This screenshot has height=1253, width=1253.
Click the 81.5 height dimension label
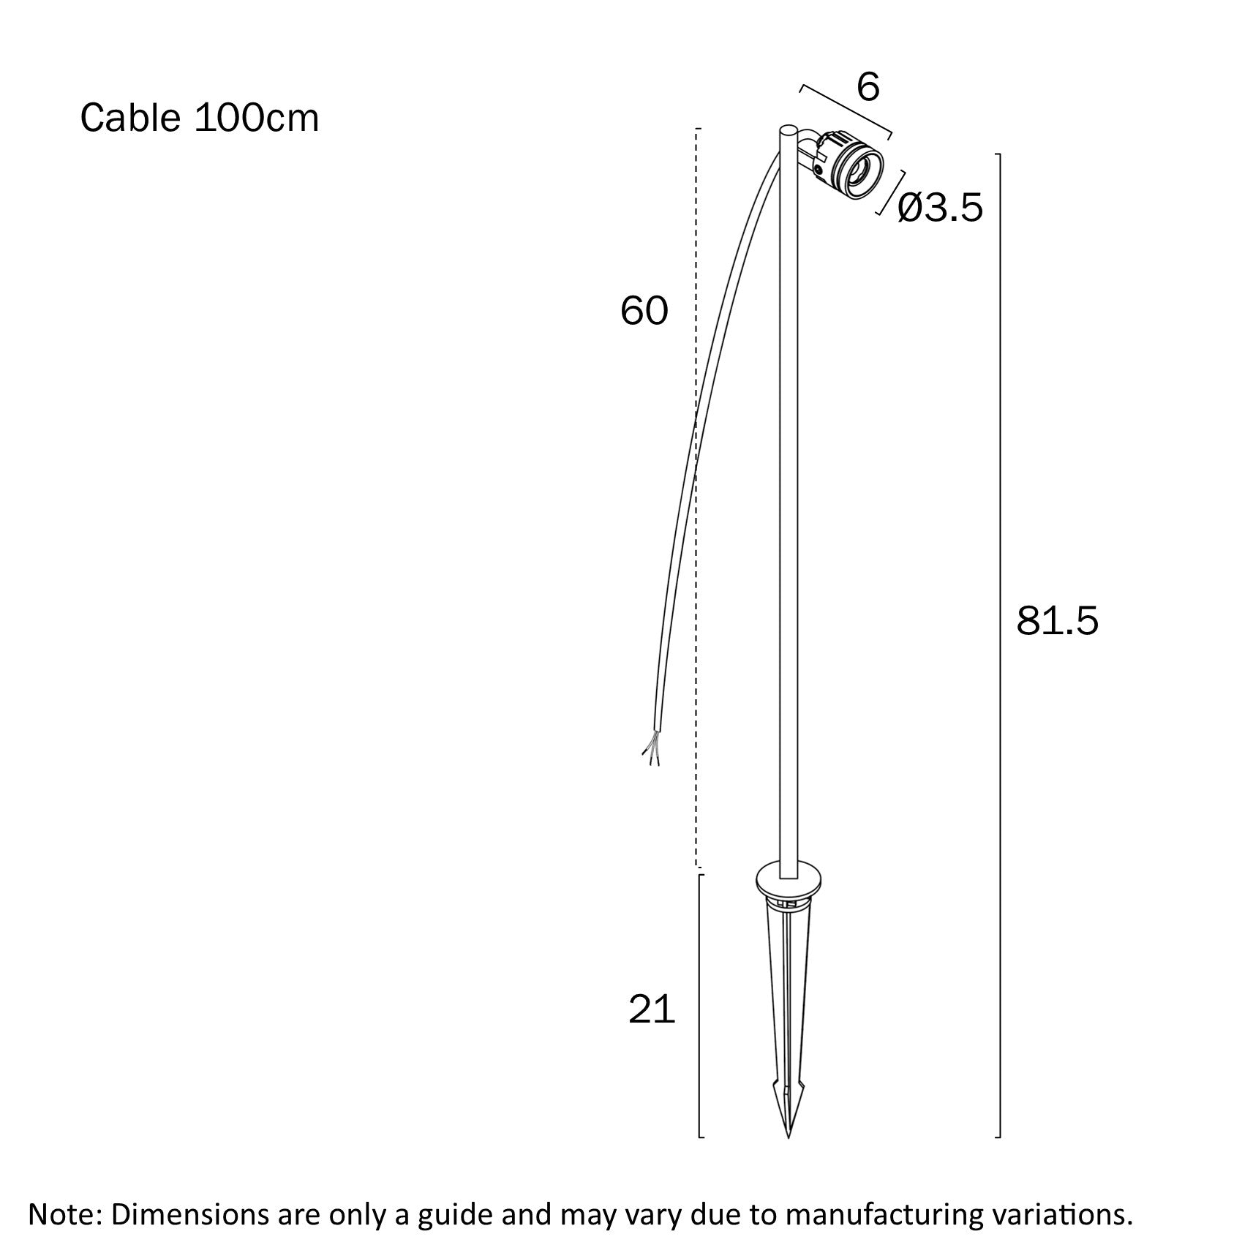[1057, 621]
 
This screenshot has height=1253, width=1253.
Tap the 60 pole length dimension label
[644, 311]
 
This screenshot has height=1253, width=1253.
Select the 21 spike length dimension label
[651, 1009]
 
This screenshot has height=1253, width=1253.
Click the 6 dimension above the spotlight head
[868, 88]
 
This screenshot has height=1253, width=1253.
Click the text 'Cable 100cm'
[199, 118]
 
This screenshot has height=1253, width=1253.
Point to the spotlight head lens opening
[860, 173]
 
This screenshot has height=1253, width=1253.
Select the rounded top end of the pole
[788, 131]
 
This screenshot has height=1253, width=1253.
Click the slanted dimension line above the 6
[846, 110]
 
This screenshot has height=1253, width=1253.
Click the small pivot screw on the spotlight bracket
[819, 170]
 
